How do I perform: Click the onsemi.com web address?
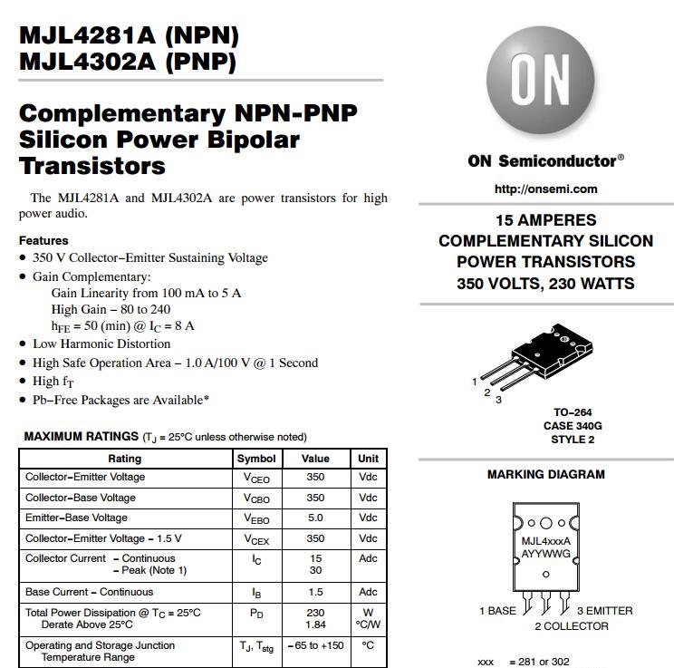pyautogui.click(x=545, y=189)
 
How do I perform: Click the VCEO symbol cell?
pyautogui.click(x=256, y=478)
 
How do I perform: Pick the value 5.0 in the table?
pyautogui.click(x=315, y=518)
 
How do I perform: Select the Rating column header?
pyautogui.click(x=124, y=459)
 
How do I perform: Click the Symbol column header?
pyautogui.click(x=256, y=459)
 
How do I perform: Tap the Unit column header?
pyautogui.click(x=368, y=459)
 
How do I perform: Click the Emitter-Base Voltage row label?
pyautogui.click(x=76, y=518)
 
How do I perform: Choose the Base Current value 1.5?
pyautogui.click(x=315, y=592)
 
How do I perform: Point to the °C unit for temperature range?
pyautogui.click(x=368, y=645)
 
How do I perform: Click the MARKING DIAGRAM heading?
pyautogui.click(x=545, y=474)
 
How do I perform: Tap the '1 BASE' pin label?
pyautogui.click(x=497, y=611)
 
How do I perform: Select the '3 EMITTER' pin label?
pyautogui.click(x=604, y=611)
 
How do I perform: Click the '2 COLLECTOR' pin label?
pyautogui.click(x=571, y=626)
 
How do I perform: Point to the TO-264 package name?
pyautogui.click(x=573, y=412)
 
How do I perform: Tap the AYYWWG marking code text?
pyautogui.click(x=545, y=552)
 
